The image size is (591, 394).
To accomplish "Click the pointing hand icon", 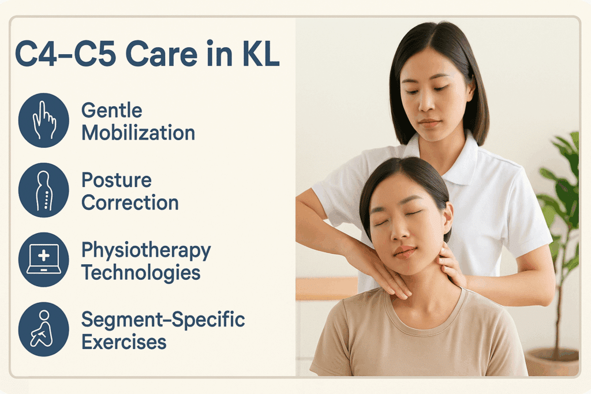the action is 44,120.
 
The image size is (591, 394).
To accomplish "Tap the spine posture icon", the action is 44,190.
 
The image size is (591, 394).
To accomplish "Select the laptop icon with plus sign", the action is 44,260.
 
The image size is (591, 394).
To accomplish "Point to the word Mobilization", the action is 139,133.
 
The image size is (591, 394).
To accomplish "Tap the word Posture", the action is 117,180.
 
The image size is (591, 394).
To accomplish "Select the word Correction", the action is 130,202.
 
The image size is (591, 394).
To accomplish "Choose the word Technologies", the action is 141,273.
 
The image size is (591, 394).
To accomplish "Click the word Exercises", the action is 124,342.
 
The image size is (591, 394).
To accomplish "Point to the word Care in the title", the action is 162,54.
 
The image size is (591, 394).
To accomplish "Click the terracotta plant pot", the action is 552,361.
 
